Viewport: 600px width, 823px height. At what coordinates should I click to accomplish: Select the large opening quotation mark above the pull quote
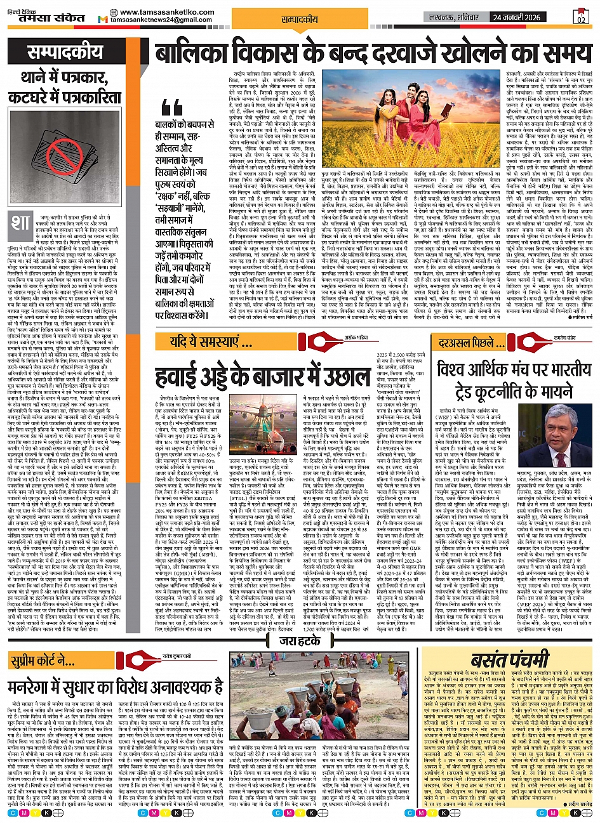click(x=173, y=109)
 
